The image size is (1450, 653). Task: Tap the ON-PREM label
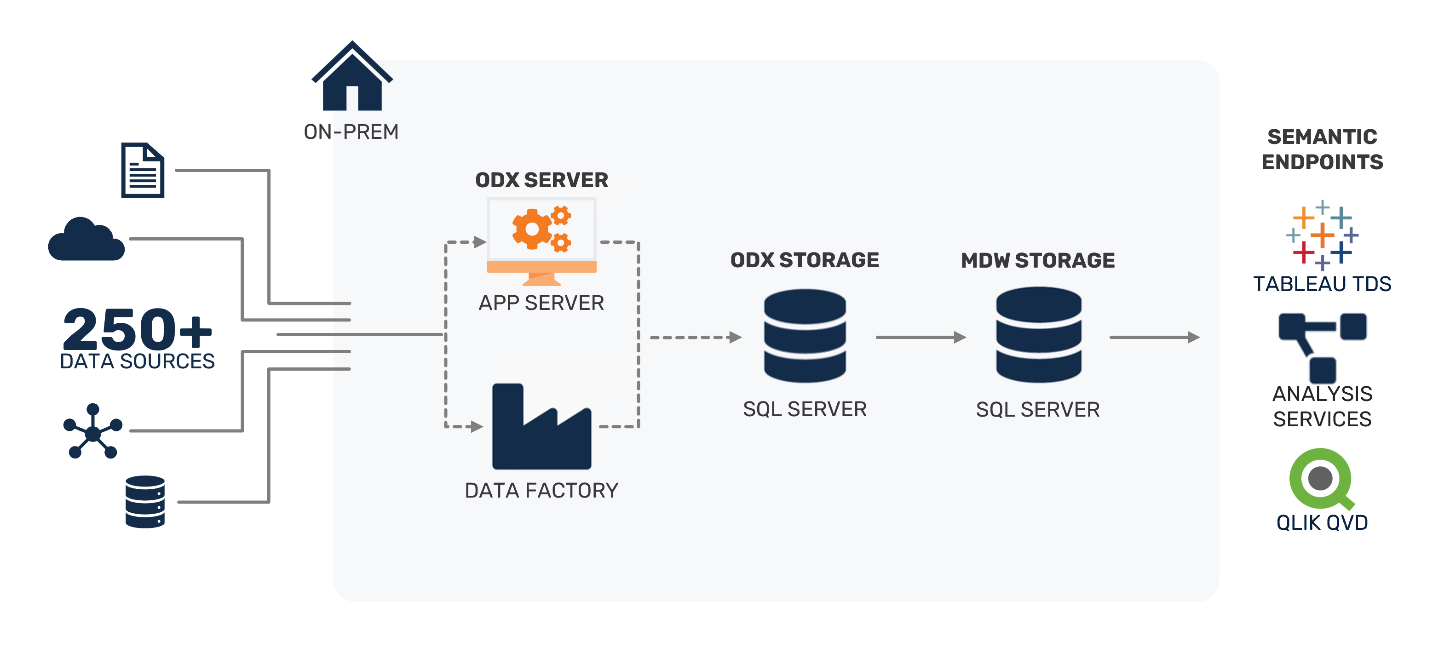[351, 132]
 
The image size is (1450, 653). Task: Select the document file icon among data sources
[143, 171]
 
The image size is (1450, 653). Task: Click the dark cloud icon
[86, 240]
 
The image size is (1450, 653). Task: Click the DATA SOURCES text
[138, 361]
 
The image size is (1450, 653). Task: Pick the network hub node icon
[92, 432]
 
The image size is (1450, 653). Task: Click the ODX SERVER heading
[541, 180]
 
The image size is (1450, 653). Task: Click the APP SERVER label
[541, 303]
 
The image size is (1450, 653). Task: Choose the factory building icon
[541, 428]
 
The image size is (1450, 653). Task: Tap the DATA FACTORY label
[541, 491]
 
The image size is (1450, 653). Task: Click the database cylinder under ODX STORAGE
[805, 336]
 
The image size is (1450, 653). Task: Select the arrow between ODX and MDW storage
[921, 338]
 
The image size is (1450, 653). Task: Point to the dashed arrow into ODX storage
[695, 338]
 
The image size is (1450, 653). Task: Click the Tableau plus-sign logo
[1322, 235]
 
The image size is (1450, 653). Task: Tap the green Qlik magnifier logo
[1321, 479]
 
